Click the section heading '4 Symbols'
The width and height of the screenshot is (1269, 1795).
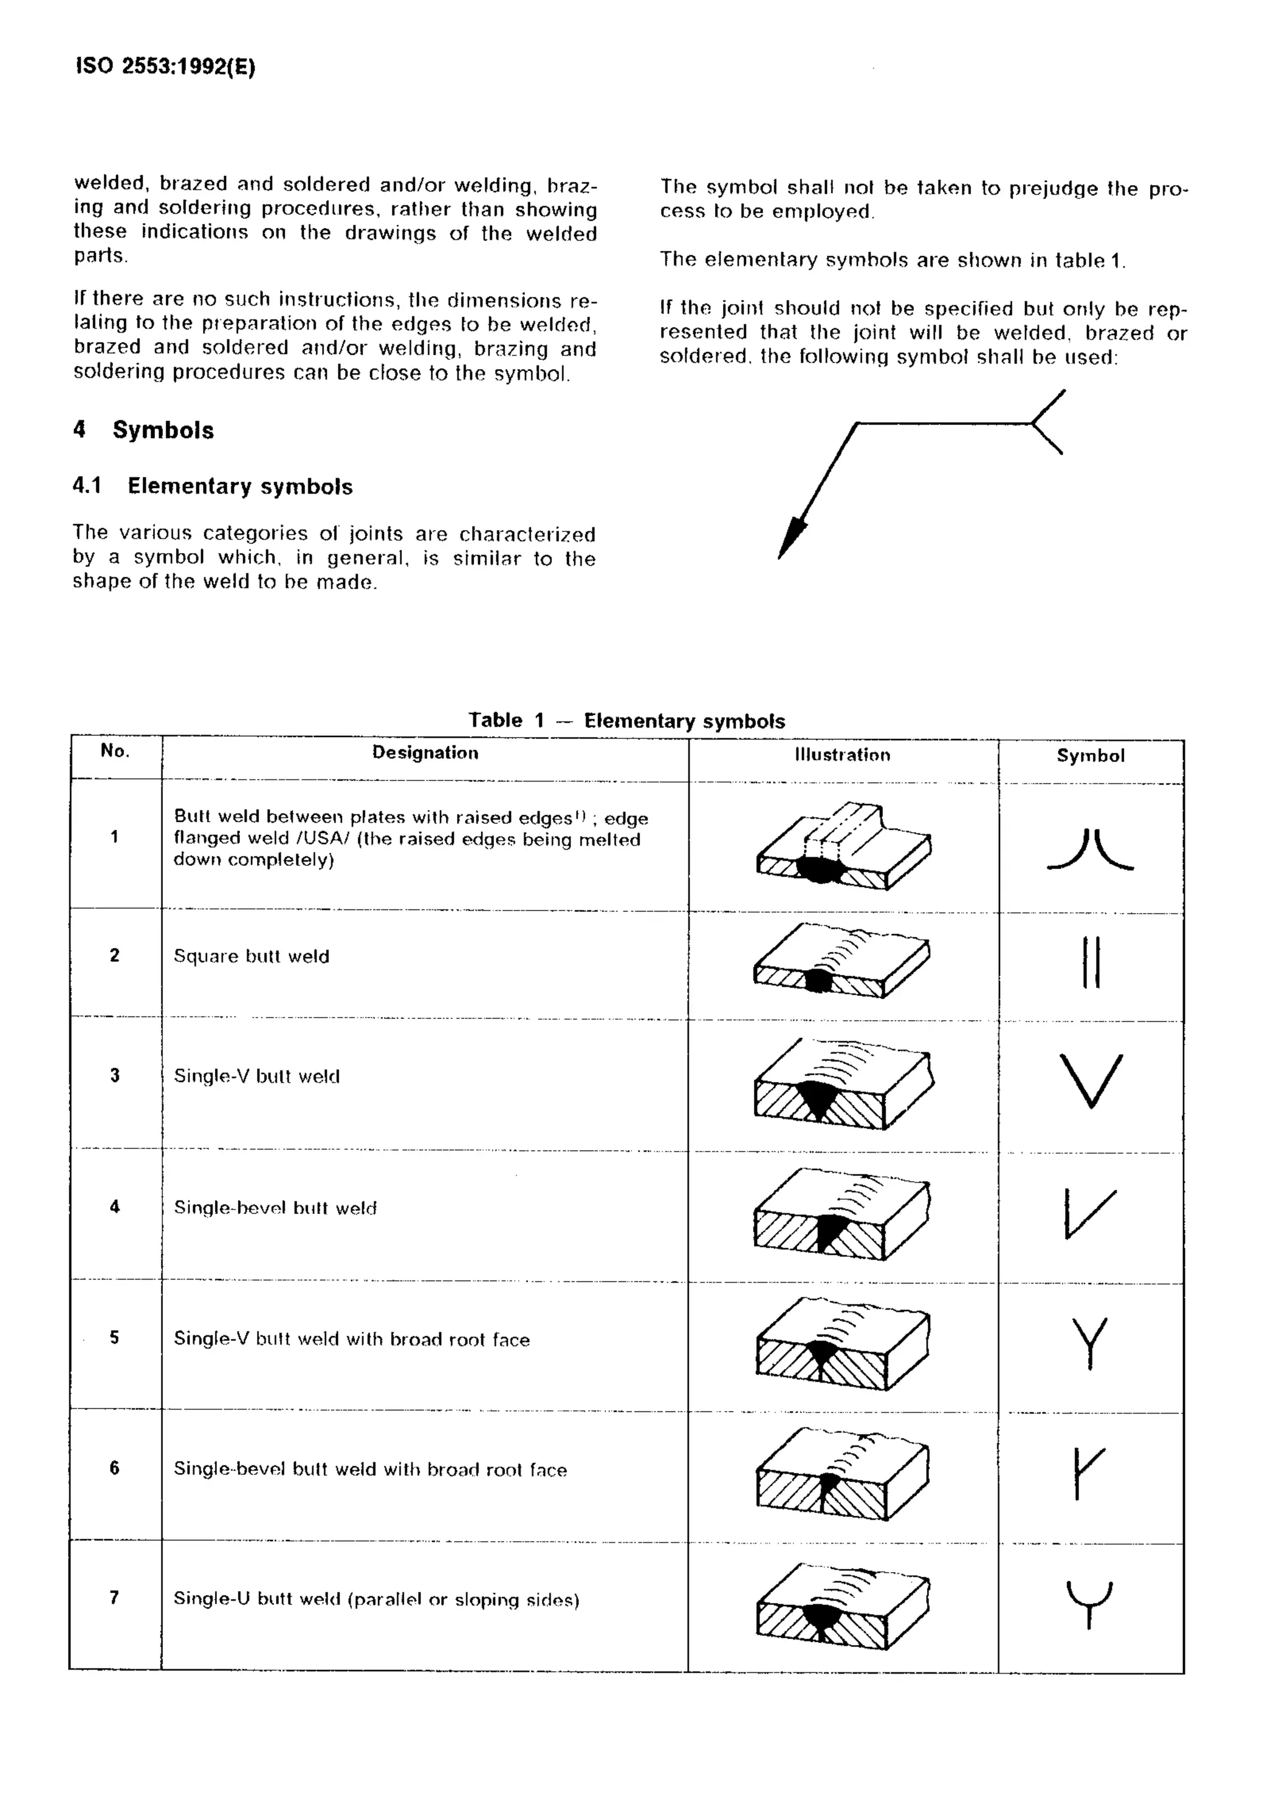click(x=143, y=430)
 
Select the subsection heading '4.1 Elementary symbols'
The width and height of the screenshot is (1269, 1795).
click(x=213, y=486)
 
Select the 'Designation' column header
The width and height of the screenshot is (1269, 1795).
click(x=424, y=753)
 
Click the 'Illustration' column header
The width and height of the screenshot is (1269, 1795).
click(x=842, y=755)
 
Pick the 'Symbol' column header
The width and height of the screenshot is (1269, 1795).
click(x=1090, y=756)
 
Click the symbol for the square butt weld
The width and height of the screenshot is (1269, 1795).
click(x=1091, y=963)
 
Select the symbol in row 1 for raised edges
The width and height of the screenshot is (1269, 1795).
click(x=1090, y=850)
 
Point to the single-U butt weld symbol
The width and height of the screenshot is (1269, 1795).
click(x=1089, y=1603)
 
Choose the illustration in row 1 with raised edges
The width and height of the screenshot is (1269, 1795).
click(x=843, y=847)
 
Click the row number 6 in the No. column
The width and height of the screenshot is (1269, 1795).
click(x=114, y=1467)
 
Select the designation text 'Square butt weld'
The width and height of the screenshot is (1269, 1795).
click(x=251, y=956)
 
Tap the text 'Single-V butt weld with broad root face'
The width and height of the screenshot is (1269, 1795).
click(x=351, y=1339)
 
